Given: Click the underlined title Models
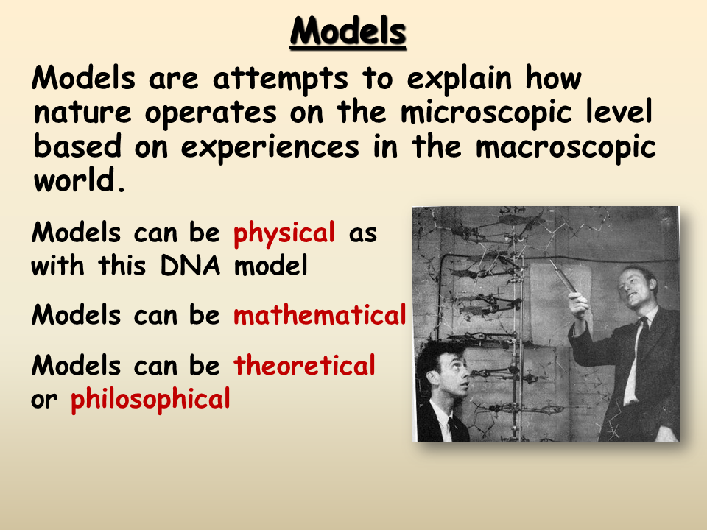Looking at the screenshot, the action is [348, 32].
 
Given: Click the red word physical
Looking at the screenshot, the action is [284, 234].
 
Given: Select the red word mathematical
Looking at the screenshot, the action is [320, 314].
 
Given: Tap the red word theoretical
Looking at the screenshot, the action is [304, 365].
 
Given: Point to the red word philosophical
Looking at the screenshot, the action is [150, 400].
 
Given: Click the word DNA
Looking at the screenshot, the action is [190, 265].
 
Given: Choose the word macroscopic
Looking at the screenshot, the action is [566, 148].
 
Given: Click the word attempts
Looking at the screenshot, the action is [280, 79].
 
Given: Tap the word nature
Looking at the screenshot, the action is [82, 113].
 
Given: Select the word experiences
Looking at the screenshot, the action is [270, 148].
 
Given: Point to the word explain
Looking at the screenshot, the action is [460, 79].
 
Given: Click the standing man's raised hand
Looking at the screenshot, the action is [577, 305].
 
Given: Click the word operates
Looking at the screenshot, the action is [211, 113].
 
